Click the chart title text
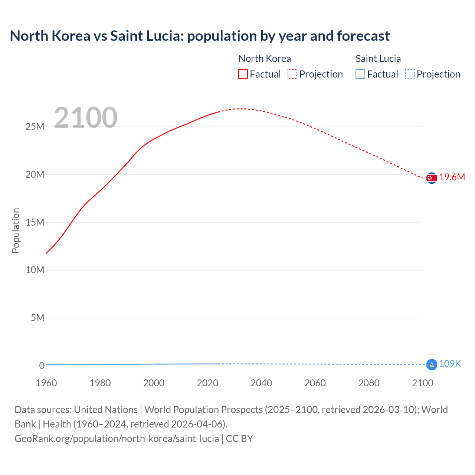(x=200, y=36)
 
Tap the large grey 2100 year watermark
(x=86, y=118)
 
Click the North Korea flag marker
(x=432, y=178)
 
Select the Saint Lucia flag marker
(x=432, y=364)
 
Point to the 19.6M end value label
(x=452, y=177)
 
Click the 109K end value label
(x=450, y=364)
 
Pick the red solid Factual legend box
(x=243, y=74)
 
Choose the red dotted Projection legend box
(x=292, y=74)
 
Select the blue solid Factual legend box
(x=360, y=74)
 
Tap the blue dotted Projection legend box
(x=410, y=74)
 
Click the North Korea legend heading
(x=265, y=59)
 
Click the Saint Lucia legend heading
(x=378, y=59)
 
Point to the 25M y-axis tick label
(x=35, y=127)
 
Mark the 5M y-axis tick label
(x=37, y=318)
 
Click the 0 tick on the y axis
(x=42, y=366)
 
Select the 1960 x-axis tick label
(x=46, y=383)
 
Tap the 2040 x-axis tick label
(x=261, y=383)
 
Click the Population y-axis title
(x=16, y=230)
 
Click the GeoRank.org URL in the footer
(x=117, y=439)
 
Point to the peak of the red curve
(x=241, y=109)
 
